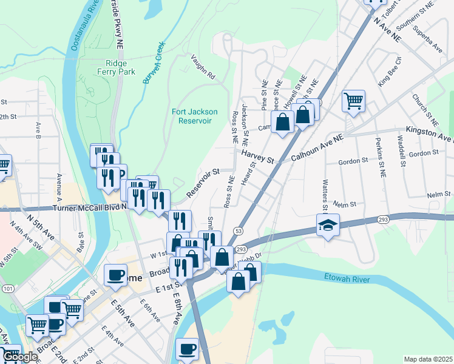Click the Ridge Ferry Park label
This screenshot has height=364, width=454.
[x=120, y=66]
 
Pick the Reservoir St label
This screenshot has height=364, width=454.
[x=203, y=183]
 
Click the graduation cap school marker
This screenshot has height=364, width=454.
[x=328, y=226]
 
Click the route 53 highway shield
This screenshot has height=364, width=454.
[x=239, y=231]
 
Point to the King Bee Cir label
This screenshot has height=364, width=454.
[x=390, y=70]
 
